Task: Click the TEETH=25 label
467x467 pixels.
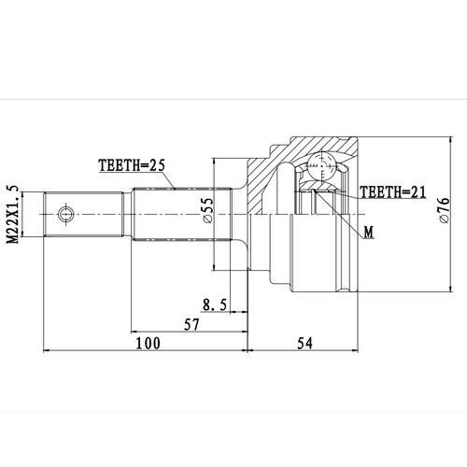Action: [131, 166]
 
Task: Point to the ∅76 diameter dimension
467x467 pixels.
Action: [445, 213]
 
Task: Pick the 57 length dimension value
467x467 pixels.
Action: [191, 324]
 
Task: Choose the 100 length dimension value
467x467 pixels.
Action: [147, 344]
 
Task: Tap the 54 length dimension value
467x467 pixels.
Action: [304, 344]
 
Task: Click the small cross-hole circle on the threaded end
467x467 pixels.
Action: [65, 214]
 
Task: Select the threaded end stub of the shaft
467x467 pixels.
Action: [84, 214]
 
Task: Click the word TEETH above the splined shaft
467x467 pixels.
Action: [119, 166]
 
